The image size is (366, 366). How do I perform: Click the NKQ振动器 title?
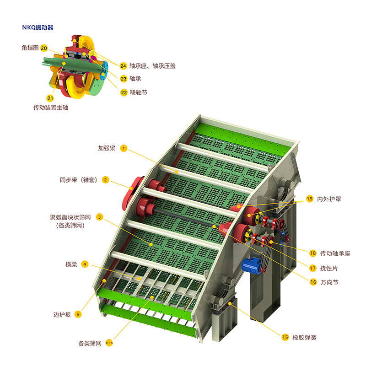pyautogui.click(x=38, y=27)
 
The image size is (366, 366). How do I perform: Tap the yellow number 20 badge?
pyautogui.click(x=44, y=48)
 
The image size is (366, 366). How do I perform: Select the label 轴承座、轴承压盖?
pyautogui.click(x=152, y=66)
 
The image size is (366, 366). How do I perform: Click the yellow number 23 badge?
pyautogui.click(x=124, y=79)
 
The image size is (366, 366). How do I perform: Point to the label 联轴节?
pyautogui.click(x=139, y=93)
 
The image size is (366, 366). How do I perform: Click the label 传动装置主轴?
pyautogui.click(x=51, y=108)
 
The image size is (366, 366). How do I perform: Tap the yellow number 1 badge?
pyautogui.click(x=124, y=148)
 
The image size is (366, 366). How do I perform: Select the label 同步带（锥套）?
pyautogui.click(x=78, y=180)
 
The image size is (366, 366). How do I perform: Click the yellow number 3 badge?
pyautogui.click(x=100, y=217)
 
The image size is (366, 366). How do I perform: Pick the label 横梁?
pyautogui.click(x=71, y=264)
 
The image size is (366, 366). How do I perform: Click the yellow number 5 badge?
pyautogui.click(x=78, y=314)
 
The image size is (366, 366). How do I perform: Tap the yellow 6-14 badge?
pyautogui.click(x=109, y=343)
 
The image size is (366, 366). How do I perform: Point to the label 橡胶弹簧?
pyautogui.click(x=304, y=338)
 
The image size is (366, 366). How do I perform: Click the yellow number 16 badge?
pyautogui.click(x=313, y=282)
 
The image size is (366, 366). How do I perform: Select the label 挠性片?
pyautogui.click(x=329, y=269)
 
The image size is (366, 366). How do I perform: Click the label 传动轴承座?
pyautogui.click(x=335, y=253)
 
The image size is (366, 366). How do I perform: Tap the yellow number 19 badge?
pyautogui.click(x=310, y=199)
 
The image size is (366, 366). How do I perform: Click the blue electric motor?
pyautogui.click(x=251, y=265)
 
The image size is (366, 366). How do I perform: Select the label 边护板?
pyautogui.click(x=62, y=315)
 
